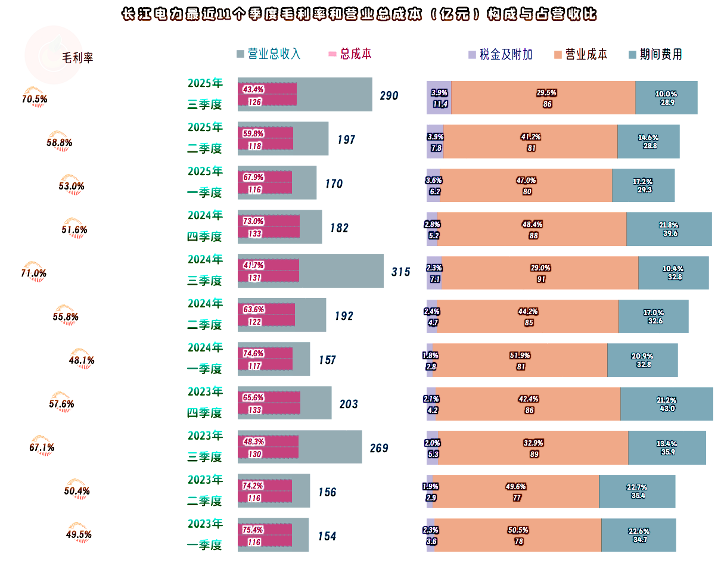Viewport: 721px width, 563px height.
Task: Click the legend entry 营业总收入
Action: (x=269, y=54)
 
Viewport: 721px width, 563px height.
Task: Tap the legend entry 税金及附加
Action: (x=500, y=55)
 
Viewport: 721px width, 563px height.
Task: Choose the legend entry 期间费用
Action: (x=655, y=55)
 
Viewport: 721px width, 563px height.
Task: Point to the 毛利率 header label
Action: (x=77, y=58)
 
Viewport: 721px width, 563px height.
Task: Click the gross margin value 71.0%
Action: (x=34, y=273)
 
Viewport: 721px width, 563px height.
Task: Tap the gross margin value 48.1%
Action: (x=82, y=360)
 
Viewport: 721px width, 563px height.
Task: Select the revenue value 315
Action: (x=400, y=272)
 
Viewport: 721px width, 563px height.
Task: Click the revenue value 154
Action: (x=327, y=536)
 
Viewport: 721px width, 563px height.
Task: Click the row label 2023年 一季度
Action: (x=205, y=534)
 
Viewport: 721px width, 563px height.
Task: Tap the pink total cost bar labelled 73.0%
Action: (x=269, y=227)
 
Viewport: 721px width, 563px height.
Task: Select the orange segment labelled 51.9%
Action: (x=520, y=360)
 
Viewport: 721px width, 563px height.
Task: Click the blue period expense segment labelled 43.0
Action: (x=666, y=404)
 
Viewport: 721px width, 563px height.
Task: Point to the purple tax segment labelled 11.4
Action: (x=439, y=98)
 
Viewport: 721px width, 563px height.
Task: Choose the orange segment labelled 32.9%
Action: (x=533, y=448)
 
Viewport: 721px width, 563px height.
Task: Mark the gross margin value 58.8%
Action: (x=59, y=143)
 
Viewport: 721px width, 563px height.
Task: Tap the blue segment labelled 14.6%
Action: (x=648, y=142)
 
